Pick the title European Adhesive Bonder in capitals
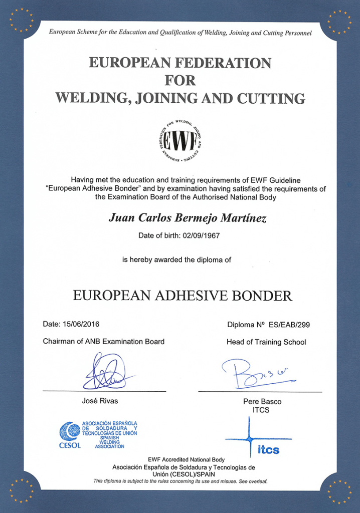point(183,295)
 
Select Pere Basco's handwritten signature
point(256,373)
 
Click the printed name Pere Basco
point(262,401)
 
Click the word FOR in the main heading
point(180,80)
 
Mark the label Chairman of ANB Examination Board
point(104,342)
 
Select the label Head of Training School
point(266,342)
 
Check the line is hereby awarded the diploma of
point(176,260)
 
